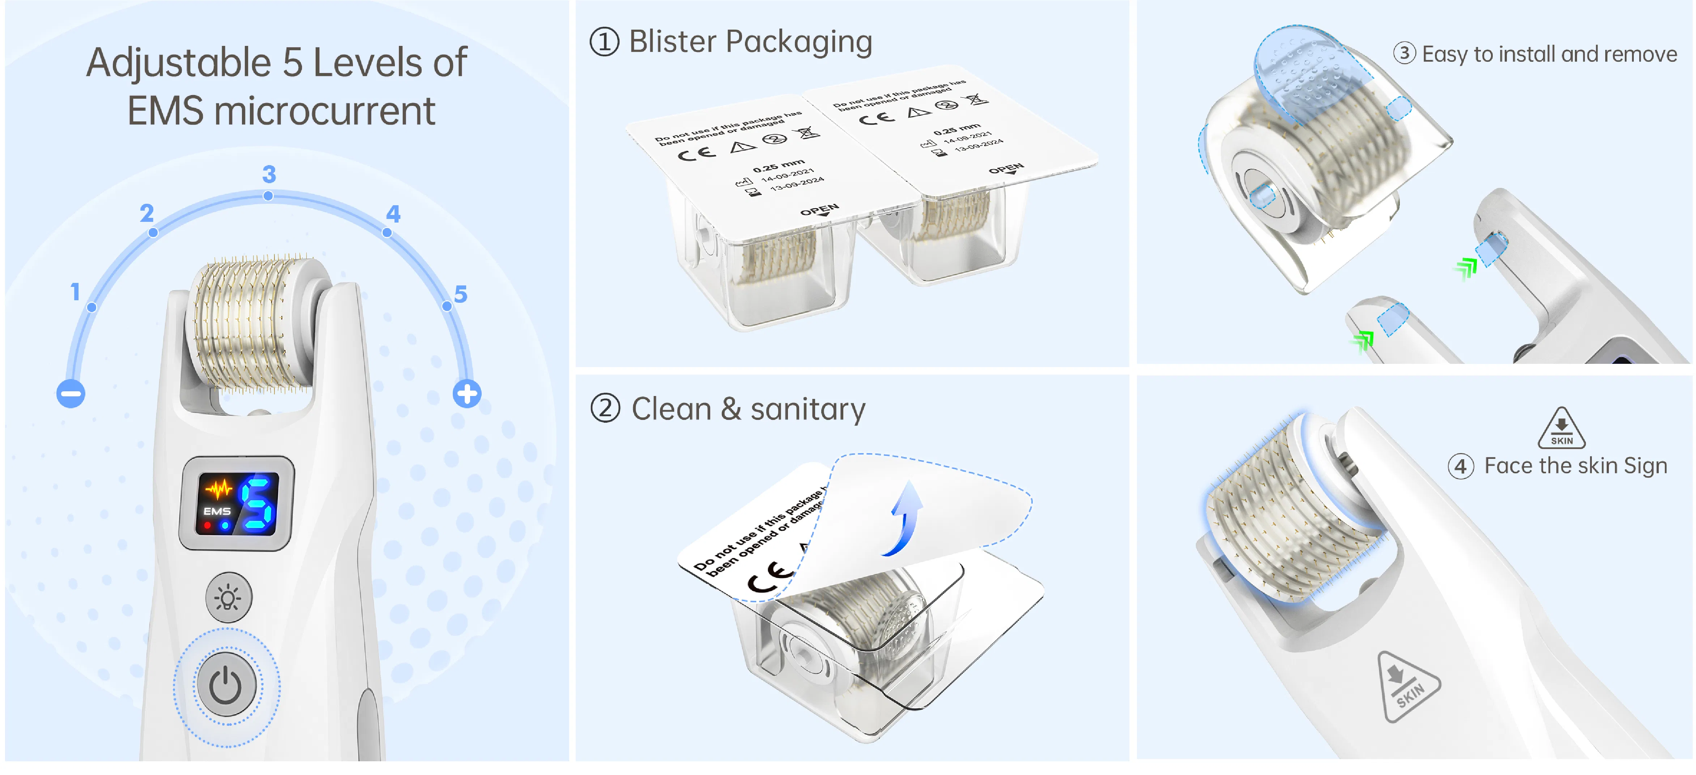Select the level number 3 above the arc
pyautogui.click(x=269, y=175)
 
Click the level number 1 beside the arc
pyautogui.click(x=75, y=292)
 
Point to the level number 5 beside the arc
pyautogui.click(x=460, y=294)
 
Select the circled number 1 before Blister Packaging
pyautogui.click(x=604, y=42)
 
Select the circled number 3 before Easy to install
pyautogui.click(x=1404, y=53)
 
